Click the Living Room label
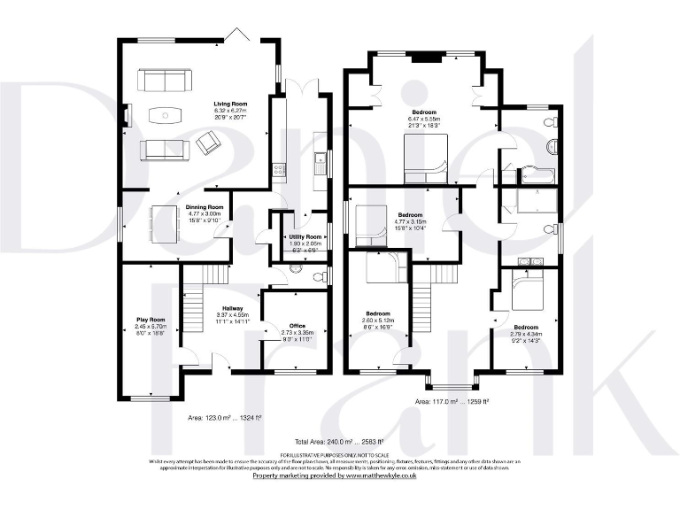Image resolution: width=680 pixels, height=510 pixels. (229, 104)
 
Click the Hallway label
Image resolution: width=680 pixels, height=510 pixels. (233, 308)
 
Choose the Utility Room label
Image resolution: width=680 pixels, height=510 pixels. (305, 238)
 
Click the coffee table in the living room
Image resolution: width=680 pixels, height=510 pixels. (165, 114)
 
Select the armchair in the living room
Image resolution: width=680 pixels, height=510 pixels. (211, 142)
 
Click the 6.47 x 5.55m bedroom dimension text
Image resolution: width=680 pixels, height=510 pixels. (424, 119)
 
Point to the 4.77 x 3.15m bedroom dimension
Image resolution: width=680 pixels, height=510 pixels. (410, 221)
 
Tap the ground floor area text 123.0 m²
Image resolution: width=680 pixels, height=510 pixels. (233, 416)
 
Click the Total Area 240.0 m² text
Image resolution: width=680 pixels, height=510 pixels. (339, 441)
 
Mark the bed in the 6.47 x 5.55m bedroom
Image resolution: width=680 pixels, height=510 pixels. (426, 162)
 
